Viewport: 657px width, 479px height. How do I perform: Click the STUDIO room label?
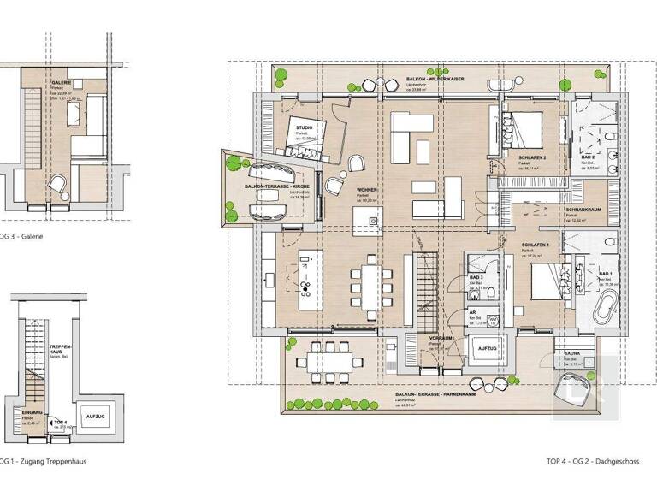click(x=304, y=127)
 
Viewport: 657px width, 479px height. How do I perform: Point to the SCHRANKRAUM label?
click(x=580, y=210)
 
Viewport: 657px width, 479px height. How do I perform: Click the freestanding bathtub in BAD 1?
click(x=608, y=305)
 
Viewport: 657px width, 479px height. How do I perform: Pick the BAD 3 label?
click(x=477, y=279)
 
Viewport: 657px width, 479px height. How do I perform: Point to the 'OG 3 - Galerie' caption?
click(x=22, y=236)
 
